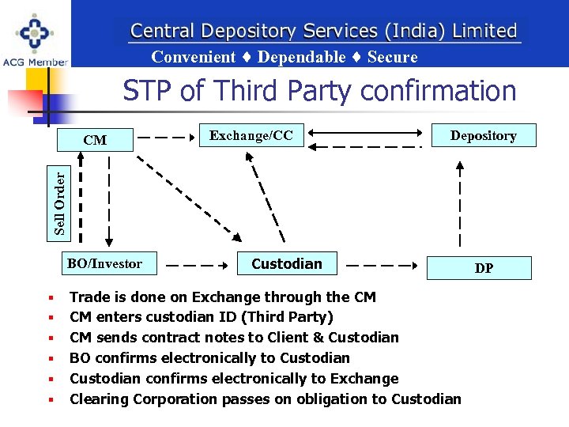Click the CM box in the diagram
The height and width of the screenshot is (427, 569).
95,141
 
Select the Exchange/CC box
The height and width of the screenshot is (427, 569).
251,136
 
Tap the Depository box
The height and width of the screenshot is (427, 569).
483,135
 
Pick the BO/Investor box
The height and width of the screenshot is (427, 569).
109,263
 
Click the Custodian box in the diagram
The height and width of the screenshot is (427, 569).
286,263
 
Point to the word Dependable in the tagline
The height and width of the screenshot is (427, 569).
301,57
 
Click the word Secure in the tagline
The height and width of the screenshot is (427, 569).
392,57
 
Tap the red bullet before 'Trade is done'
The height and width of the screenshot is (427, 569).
50,298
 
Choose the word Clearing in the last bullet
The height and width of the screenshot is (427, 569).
99,399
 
